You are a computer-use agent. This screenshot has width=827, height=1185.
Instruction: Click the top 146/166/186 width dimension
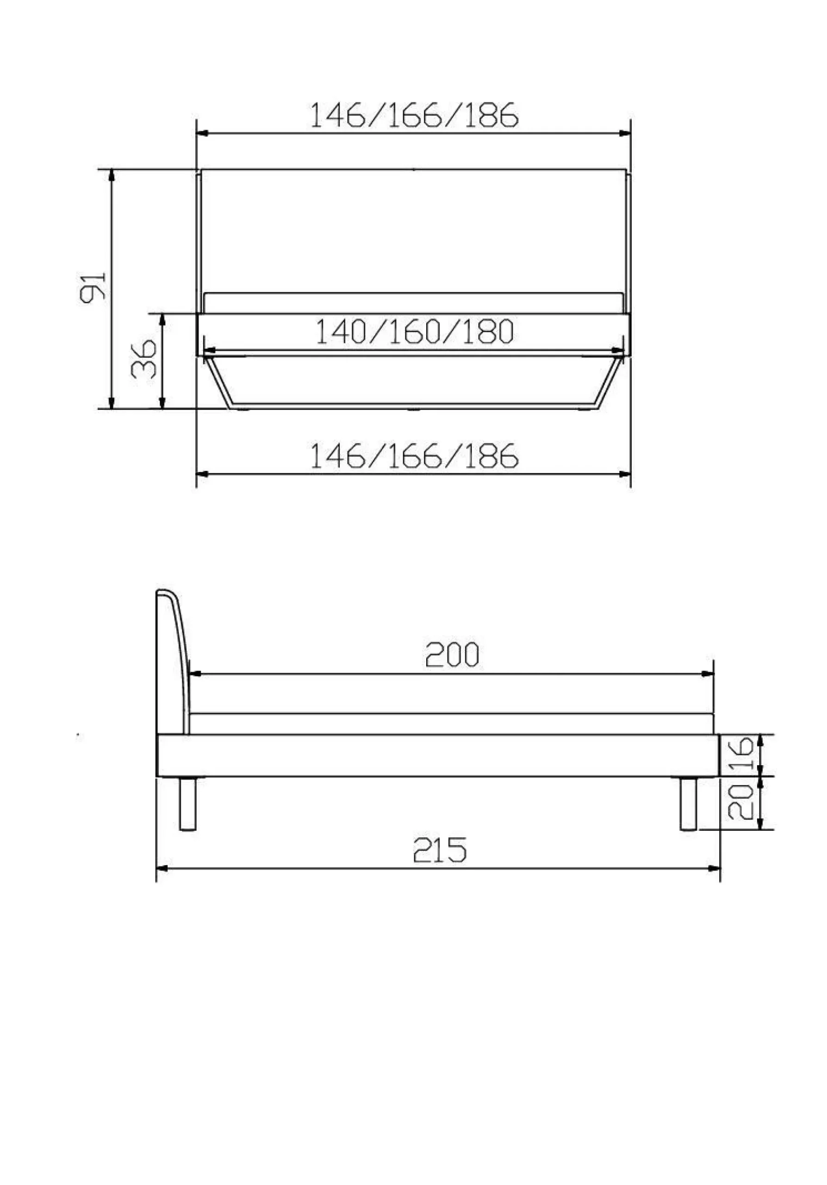pyautogui.click(x=413, y=115)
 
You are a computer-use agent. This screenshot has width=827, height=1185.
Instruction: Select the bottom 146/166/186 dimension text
pyautogui.click(x=413, y=455)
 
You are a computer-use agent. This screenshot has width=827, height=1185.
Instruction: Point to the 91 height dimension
pyautogui.click(x=93, y=287)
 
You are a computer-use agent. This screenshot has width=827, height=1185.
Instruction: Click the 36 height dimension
pyautogui.click(x=144, y=359)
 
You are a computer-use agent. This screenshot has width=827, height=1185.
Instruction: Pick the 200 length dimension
pyautogui.click(x=452, y=655)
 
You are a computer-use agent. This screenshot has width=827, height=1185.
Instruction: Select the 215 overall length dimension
pyautogui.click(x=440, y=850)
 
